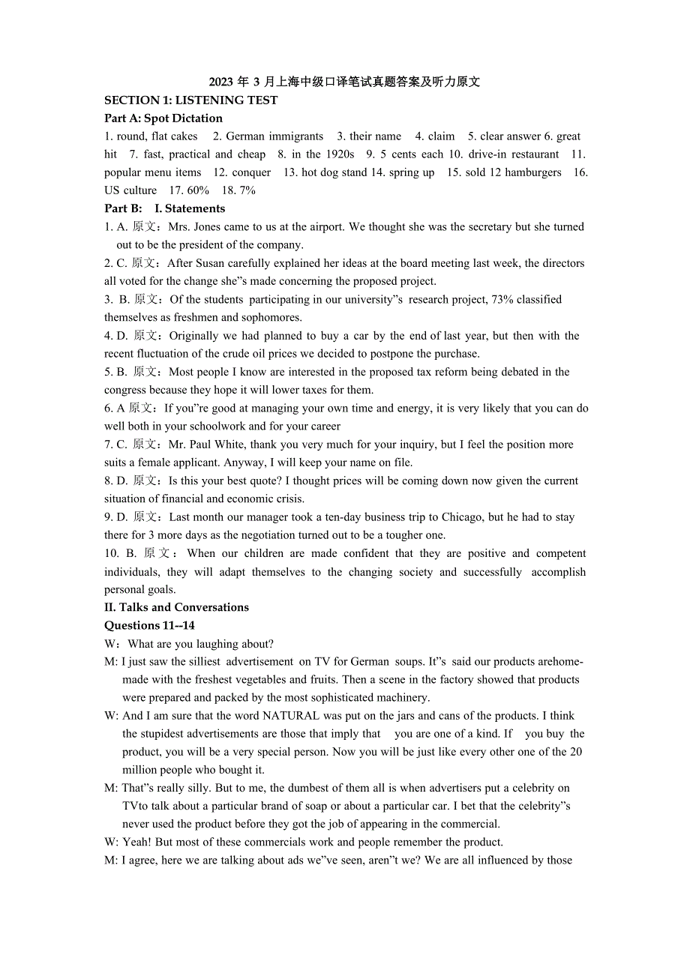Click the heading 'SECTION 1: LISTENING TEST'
tap(190, 100)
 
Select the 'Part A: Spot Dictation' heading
tap(163, 118)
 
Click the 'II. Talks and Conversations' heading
tap(176, 607)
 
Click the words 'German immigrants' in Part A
tap(274, 136)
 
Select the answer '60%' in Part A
tap(198, 190)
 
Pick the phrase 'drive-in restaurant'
tap(514, 154)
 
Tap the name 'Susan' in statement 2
tap(211, 263)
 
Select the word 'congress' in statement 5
tap(125, 390)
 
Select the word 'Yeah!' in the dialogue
tap(136, 843)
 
